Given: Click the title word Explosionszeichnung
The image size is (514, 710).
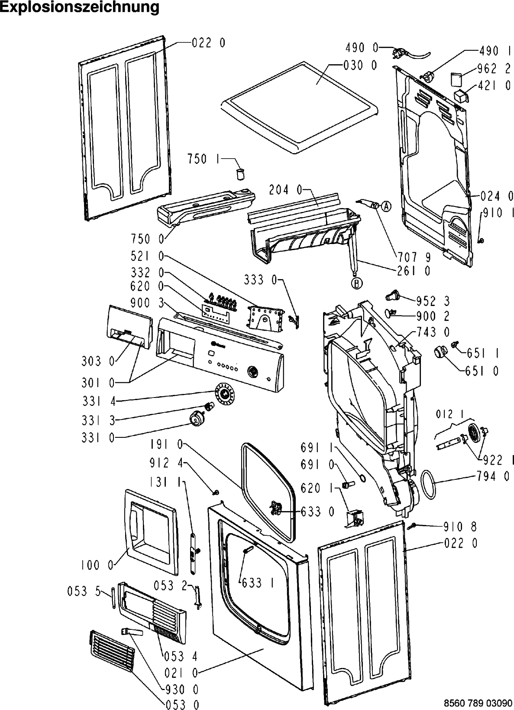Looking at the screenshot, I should point(80,7).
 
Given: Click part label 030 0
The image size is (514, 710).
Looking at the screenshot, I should point(360,65).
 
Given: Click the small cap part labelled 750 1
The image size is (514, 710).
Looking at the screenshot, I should point(240,174).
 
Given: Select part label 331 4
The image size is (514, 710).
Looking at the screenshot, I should point(99,401).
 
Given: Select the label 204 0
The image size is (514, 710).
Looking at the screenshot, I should point(285,190).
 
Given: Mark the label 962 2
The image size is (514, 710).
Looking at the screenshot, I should point(494,68).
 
